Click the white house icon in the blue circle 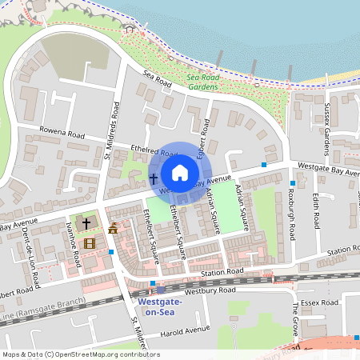click(180, 173)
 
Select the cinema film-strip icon click(89, 242)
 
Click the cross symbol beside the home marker click(153, 178)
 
